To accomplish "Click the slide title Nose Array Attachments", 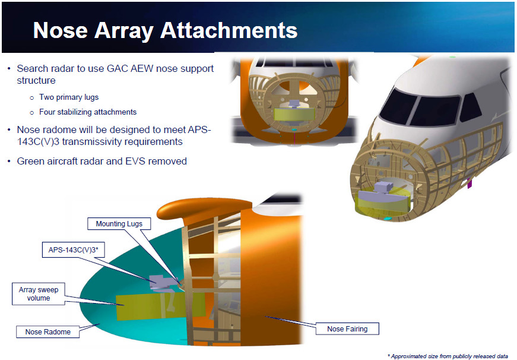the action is [165, 30].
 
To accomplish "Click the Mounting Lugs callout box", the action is [119, 224].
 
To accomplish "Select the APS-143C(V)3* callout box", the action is [73, 250].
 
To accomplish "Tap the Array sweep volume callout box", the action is [39, 293].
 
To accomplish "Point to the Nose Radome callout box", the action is [48, 331].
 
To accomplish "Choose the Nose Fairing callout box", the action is [347, 329].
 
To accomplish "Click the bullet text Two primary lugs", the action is [69, 97].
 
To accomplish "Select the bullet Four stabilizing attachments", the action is [88, 112].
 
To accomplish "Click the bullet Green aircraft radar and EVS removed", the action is [102, 161].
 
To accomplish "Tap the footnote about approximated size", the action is [448, 356].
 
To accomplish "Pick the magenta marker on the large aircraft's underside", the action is [470, 184].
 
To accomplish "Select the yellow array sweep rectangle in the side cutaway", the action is [161, 306].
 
